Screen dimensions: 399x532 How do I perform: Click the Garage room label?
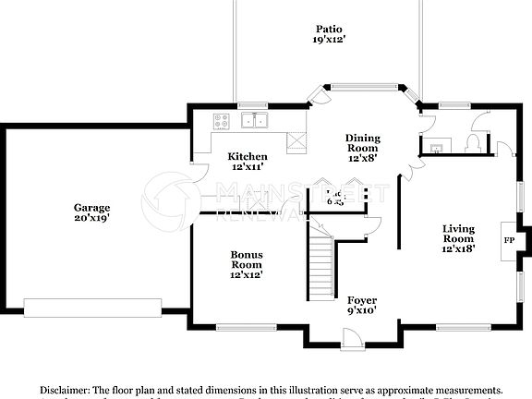(x=92, y=213)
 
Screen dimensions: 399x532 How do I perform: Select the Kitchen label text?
(x=248, y=162)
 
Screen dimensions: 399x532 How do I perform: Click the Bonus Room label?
(x=247, y=264)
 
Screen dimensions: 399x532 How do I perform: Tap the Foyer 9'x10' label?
(x=361, y=306)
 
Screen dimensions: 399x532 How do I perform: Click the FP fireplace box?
(x=508, y=240)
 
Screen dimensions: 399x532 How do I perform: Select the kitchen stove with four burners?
(x=222, y=119)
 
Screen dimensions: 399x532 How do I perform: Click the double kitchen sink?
(x=254, y=120)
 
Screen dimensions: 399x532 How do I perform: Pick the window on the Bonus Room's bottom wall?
(x=244, y=326)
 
